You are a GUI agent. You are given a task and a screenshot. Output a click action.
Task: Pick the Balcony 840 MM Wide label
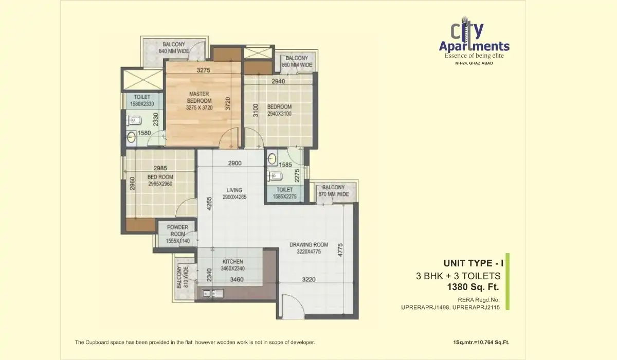click(175, 48)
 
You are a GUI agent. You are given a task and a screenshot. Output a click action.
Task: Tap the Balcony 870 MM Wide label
click(333, 191)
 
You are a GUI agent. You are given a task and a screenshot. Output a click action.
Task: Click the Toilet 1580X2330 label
click(141, 100)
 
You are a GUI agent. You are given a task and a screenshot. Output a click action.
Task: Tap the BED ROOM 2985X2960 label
click(160, 180)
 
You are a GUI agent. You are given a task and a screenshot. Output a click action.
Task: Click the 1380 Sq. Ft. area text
click(474, 286)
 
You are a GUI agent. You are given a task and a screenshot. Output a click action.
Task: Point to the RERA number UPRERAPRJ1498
click(425, 308)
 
